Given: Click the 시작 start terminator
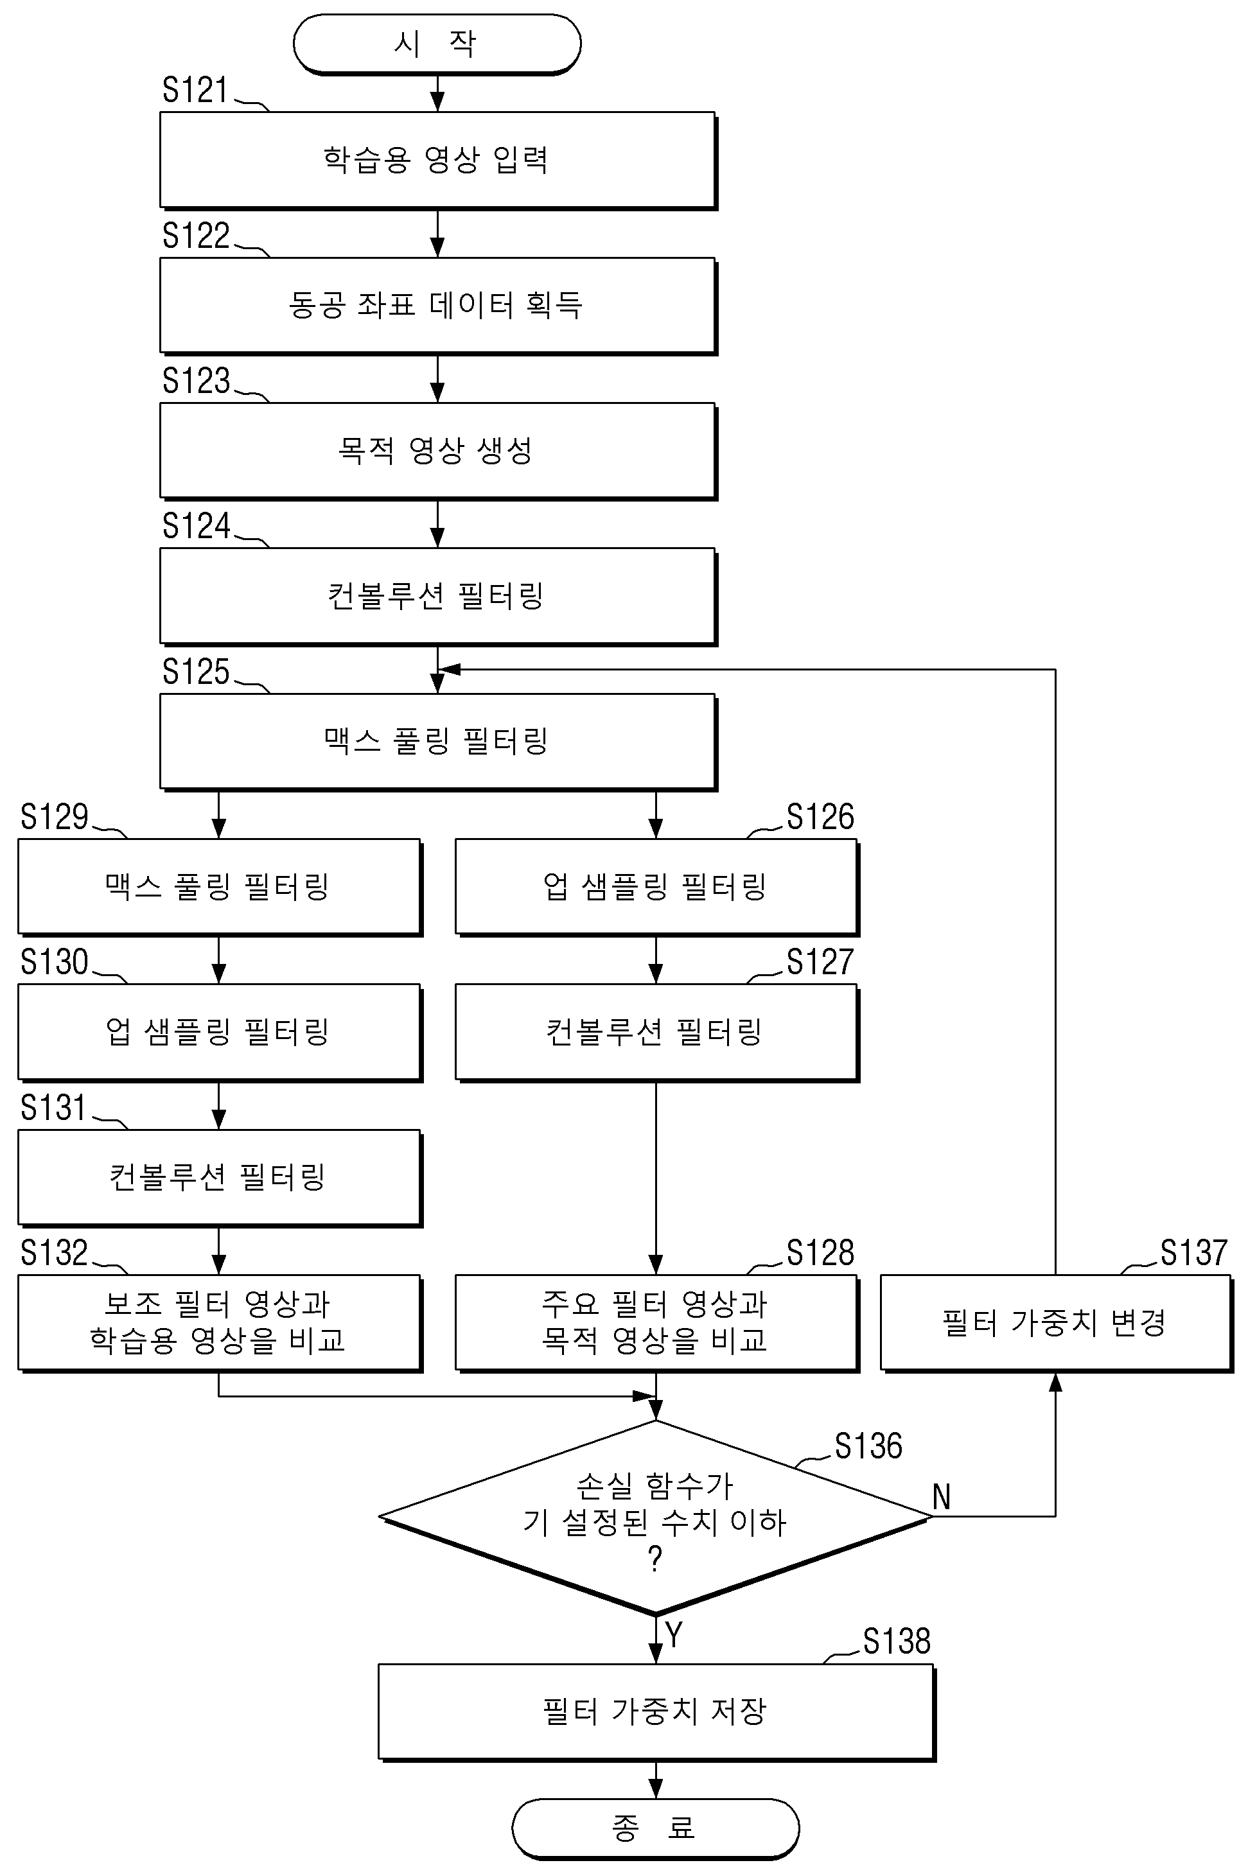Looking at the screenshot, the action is [437, 44].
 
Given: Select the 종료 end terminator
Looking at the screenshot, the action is [655, 1828].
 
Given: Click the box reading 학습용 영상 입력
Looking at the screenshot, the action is [438, 161].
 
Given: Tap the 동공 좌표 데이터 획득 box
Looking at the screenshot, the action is [438, 306].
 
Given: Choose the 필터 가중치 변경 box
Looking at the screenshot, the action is [1056, 1323].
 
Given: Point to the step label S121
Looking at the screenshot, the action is [195, 91].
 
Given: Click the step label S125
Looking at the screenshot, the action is [195, 672].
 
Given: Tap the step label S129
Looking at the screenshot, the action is [54, 817].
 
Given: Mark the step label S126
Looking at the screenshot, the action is [820, 817].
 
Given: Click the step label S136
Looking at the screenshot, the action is [868, 1446].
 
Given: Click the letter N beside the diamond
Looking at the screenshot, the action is [942, 1498].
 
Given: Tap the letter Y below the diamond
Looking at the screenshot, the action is [674, 1635].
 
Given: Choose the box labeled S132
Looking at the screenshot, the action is [220, 1323].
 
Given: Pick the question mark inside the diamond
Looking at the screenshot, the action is [655, 1560].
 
